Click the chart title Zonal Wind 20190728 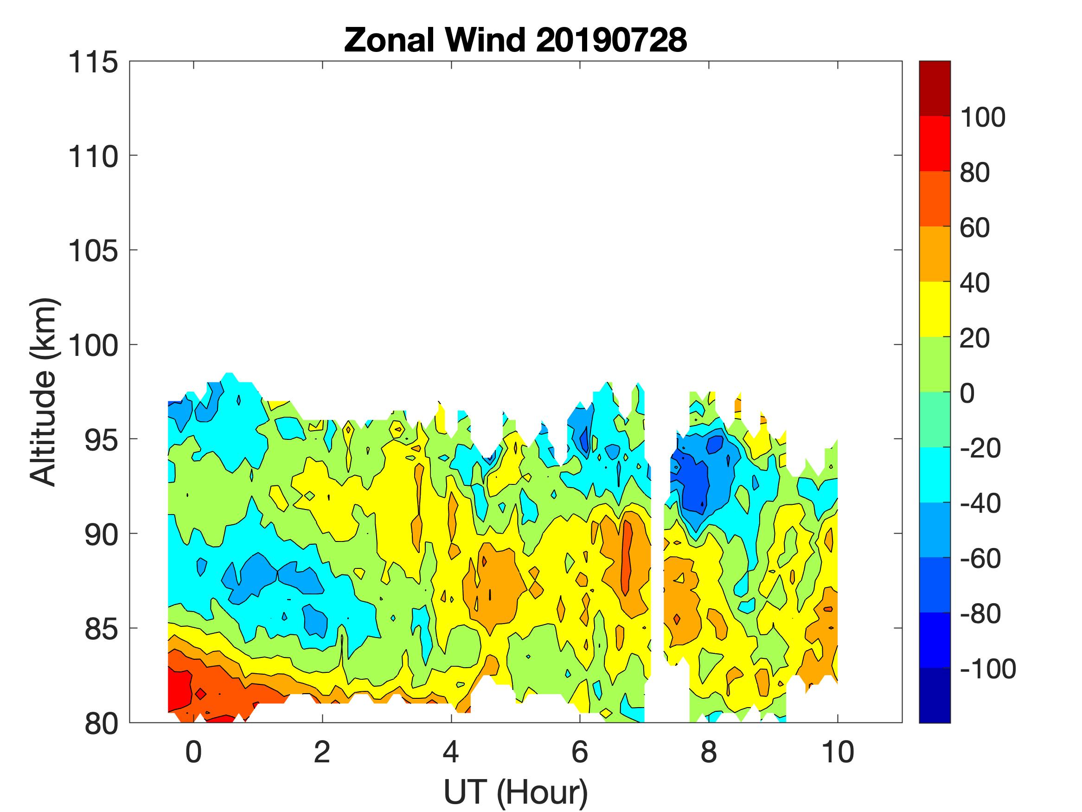516,40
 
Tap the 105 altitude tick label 93,251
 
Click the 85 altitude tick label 102,629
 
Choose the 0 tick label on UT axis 194,752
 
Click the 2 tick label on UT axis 322,752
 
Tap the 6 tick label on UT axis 580,752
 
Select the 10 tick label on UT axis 838,752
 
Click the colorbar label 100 982,117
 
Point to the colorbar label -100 987,669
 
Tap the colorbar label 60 974,228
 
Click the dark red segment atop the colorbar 934,88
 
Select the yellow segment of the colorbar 934,309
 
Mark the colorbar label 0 967,393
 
